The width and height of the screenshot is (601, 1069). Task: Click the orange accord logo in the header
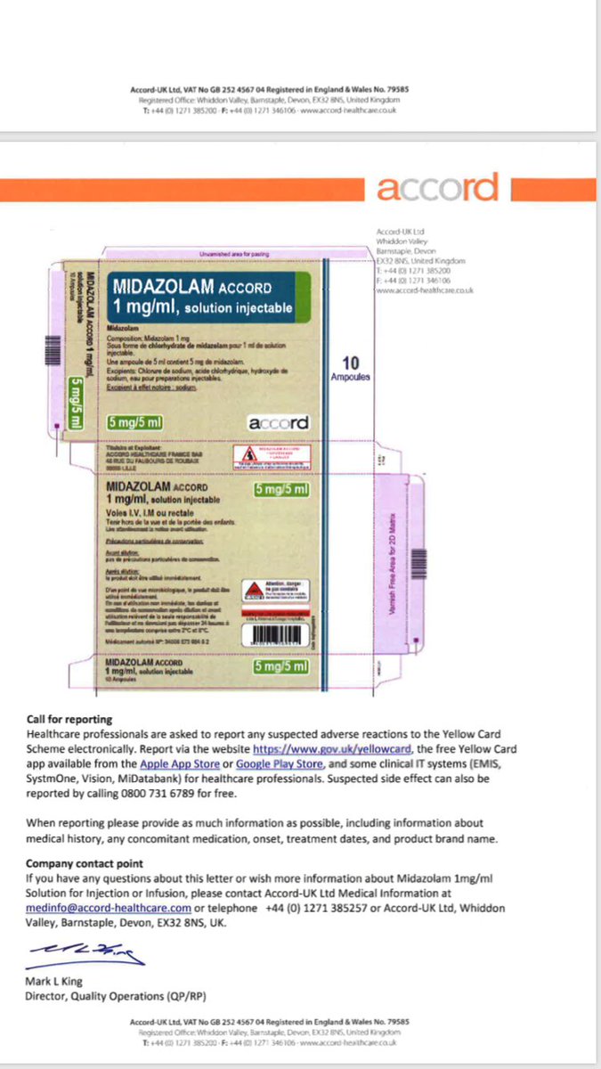437,188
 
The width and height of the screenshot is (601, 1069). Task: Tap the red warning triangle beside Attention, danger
252,591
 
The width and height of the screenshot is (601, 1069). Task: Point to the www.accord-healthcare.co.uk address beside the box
425,290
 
